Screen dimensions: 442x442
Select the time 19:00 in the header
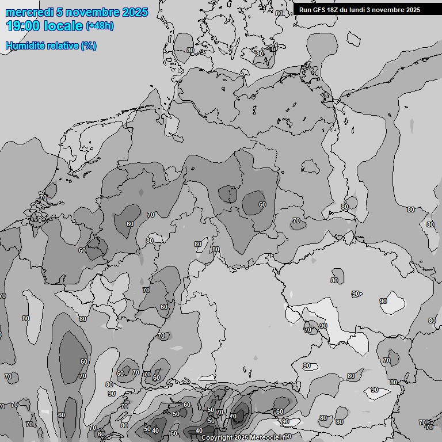point(23,26)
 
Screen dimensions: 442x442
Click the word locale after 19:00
point(63,26)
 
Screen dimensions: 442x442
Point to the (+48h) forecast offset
point(99,26)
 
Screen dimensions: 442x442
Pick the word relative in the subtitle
point(62,46)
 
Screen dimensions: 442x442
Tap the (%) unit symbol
point(89,46)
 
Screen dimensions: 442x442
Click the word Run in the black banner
point(305,10)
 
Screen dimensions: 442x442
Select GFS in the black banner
point(319,10)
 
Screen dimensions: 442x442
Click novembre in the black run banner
point(392,10)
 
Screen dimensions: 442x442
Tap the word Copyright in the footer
point(218,438)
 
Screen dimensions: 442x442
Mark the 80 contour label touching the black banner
point(279,13)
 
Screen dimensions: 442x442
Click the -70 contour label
point(428,428)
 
